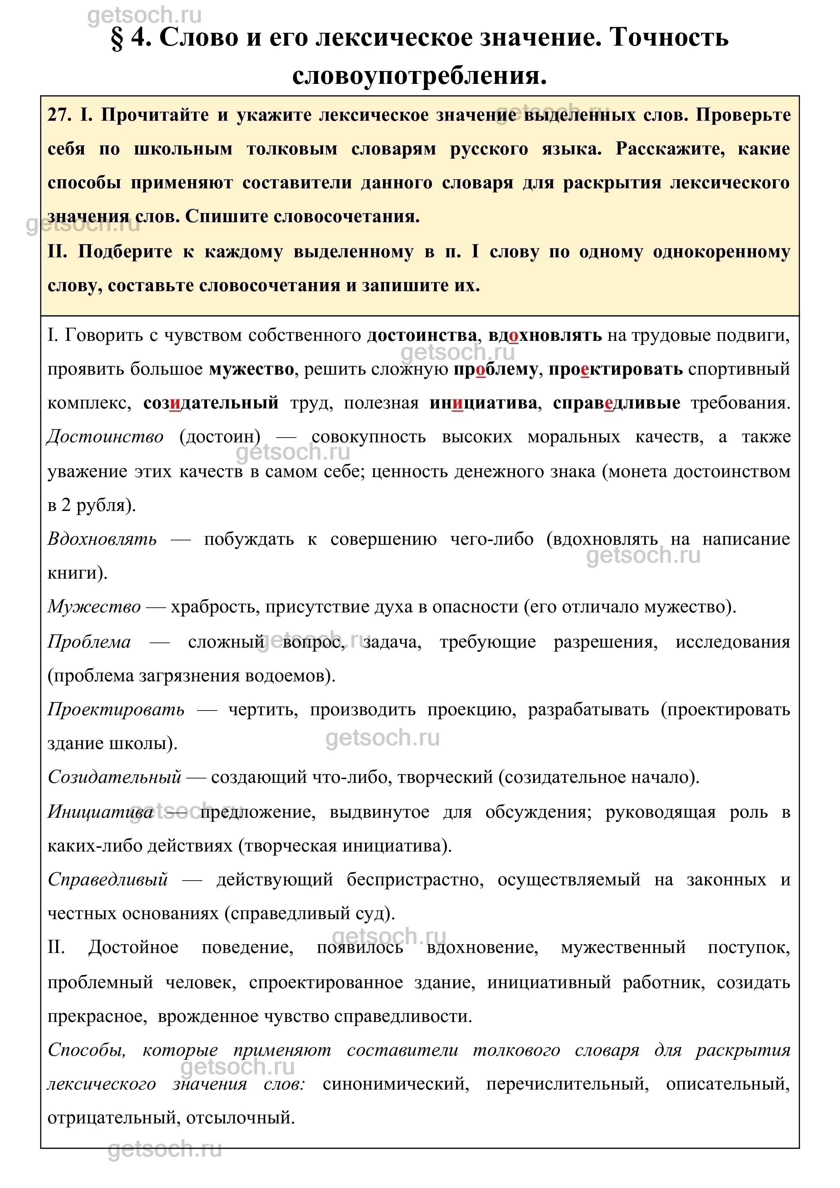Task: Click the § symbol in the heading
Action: (x=117, y=38)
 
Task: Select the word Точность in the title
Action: (x=669, y=37)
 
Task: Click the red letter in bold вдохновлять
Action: (x=514, y=336)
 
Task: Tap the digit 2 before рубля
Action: (x=66, y=505)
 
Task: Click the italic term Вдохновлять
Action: (x=102, y=539)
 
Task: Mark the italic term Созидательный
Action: (x=114, y=777)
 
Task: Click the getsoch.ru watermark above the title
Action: (x=144, y=16)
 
